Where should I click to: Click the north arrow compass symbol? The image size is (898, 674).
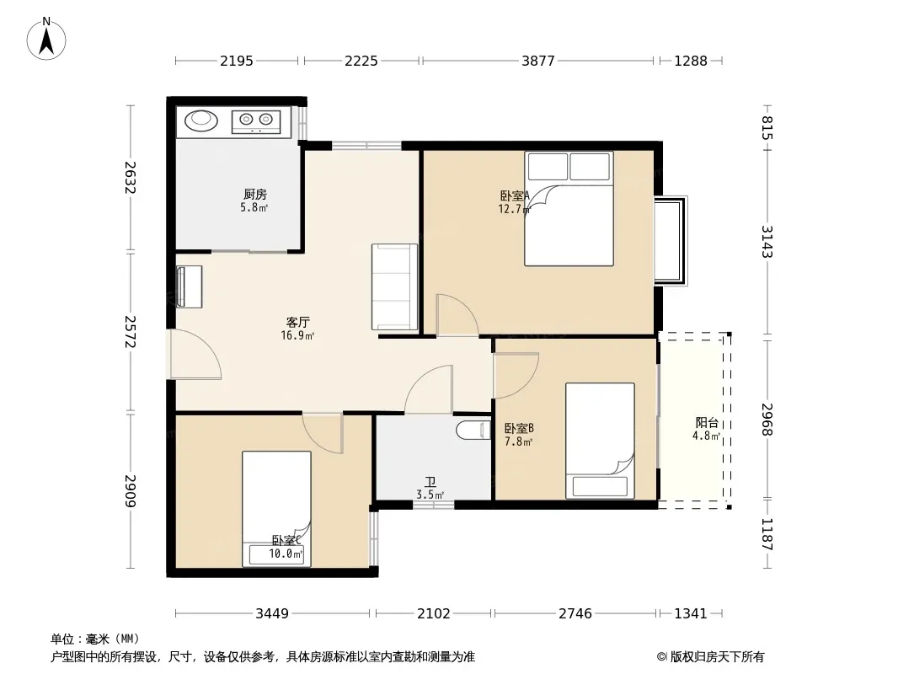click(x=46, y=39)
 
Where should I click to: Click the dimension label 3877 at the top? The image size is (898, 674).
click(x=537, y=61)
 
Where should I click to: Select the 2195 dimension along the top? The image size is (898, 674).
click(x=237, y=61)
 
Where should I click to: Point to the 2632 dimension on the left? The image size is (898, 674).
click(x=131, y=178)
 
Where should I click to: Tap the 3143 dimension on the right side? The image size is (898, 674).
click(x=767, y=242)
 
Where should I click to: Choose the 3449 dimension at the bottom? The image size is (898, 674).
click(x=272, y=614)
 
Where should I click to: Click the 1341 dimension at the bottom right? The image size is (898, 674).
click(x=691, y=614)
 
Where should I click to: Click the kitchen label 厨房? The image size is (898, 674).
click(x=255, y=195)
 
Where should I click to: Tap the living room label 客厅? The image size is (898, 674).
click(x=298, y=323)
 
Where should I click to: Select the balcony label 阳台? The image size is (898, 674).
click(x=707, y=423)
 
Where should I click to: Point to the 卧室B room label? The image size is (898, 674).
click(x=519, y=428)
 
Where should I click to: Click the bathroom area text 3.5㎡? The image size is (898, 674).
click(x=430, y=495)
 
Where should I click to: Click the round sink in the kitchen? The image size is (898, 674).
click(x=201, y=119)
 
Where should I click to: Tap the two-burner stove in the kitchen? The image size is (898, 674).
click(x=256, y=120)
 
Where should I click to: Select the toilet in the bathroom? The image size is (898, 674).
click(x=473, y=430)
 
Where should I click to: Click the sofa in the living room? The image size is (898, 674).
click(x=394, y=287)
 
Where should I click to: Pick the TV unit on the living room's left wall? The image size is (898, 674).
click(x=189, y=286)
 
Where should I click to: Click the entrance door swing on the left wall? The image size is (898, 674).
click(x=195, y=355)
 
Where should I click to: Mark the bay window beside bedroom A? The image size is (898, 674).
click(x=671, y=240)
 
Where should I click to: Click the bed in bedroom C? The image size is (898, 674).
click(x=276, y=509)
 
